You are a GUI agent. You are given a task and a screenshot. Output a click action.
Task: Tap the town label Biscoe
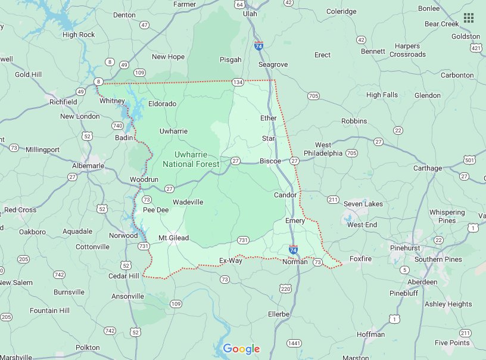click(x=270, y=161)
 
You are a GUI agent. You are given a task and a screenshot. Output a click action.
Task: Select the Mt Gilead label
click(x=173, y=238)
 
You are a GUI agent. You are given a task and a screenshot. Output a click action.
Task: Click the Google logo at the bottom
click(x=241, y=349)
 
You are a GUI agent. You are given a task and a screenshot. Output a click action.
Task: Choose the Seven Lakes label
click(x=363, y=204)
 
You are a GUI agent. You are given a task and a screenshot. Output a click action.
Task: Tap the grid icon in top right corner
click(x=469, y=18)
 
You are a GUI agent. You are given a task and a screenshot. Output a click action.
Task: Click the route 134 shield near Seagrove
click(x=238, y=82)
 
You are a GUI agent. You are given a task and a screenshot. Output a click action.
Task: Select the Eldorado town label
click(x=162, y=104)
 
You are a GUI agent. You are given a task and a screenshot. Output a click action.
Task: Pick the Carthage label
click(x=428, y=168)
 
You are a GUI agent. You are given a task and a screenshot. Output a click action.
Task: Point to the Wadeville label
click(x=188, y=202)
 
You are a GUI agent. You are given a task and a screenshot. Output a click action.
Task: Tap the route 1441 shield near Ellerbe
click(x=293, y=343)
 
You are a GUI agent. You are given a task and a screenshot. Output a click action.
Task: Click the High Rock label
click(x=79, y=35)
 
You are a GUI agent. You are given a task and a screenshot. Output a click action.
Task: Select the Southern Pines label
click(x=438, y=259)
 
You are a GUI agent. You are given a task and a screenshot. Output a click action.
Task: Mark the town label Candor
click(x=285, y=195)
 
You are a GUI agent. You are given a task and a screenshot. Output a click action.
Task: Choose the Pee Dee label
click(x=155, y=210)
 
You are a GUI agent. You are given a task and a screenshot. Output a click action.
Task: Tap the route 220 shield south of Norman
click(x=285, y=288)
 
